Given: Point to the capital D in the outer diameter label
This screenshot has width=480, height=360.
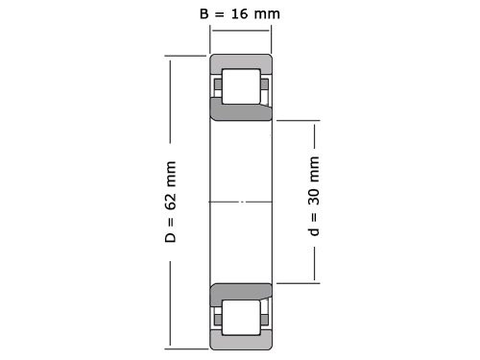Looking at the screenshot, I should (172, 236).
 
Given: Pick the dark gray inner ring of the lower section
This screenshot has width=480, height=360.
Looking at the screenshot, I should (241, 290).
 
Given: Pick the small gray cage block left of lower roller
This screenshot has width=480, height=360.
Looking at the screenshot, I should (218, 315).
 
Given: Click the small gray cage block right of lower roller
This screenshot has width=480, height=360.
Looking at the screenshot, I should (264, 315).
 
